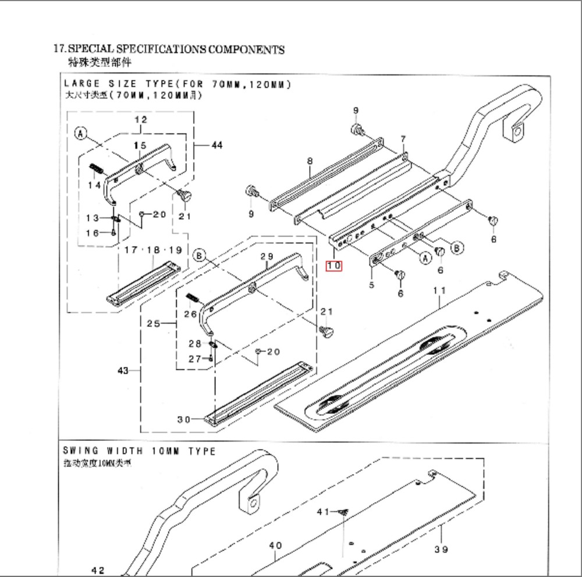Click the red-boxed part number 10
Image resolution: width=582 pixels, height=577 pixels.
click(334, 266)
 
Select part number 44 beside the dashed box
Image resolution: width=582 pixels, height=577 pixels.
click(216, 145)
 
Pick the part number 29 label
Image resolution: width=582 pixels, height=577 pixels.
click(267, 257)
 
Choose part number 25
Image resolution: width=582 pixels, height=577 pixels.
click(153, 323)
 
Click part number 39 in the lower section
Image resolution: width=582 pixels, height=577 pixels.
click(441, 549)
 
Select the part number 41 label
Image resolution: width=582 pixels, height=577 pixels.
click(323, 512)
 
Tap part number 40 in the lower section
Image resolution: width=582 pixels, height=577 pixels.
click(275, 545)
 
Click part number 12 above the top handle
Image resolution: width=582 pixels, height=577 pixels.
click(140, 120)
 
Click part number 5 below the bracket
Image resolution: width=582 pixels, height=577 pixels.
click(371, 285)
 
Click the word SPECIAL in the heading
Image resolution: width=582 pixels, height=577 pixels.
click(91, 49)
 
